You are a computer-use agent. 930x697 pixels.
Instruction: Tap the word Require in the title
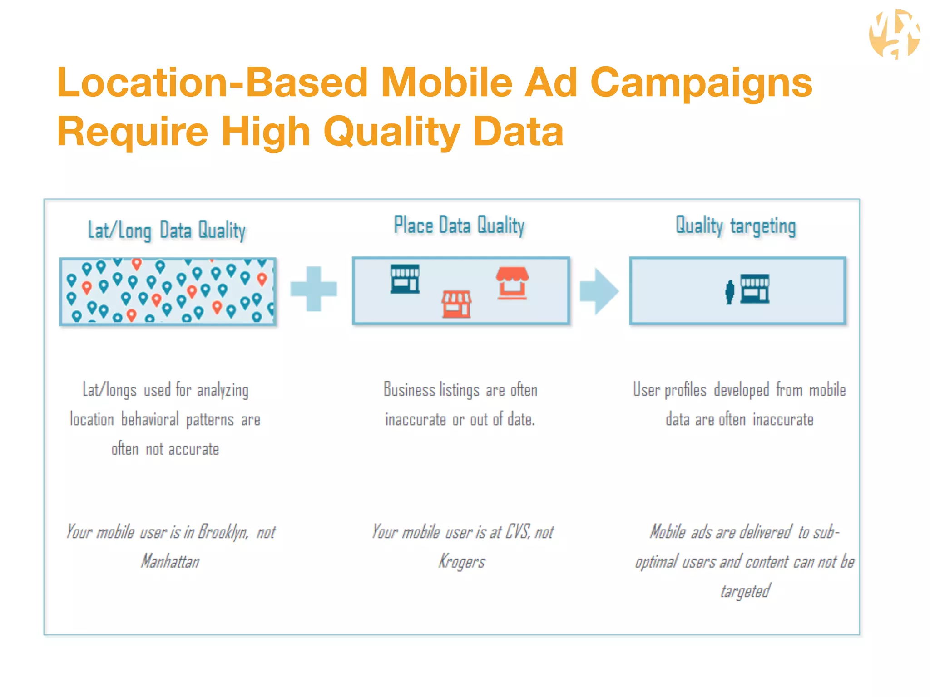coord(132,132)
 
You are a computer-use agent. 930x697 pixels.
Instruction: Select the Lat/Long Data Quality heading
coord(167,231)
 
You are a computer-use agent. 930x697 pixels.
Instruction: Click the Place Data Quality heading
coord(459,226)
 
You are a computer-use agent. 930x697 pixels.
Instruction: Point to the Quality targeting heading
coord(736,226)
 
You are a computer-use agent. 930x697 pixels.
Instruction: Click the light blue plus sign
coord(314,289)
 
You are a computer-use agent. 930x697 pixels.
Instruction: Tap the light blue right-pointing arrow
coord(599,291)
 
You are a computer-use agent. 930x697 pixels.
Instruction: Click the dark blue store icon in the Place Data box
coord(405,279)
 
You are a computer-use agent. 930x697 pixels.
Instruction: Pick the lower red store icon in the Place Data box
coord(457,304)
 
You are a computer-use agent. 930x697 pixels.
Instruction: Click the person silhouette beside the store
coord(729,292)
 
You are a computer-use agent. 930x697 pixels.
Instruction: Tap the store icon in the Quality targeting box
coord(755,289)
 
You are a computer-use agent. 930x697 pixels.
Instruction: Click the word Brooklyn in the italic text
coord(223,532)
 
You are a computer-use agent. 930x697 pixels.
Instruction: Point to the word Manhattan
coord(170,561)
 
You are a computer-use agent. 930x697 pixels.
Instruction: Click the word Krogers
coord(461,562)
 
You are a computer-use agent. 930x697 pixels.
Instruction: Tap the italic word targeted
coord(745,591)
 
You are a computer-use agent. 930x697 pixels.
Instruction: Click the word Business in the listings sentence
coord(409,390)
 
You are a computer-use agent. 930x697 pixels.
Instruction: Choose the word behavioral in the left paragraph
coord(150,419)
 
